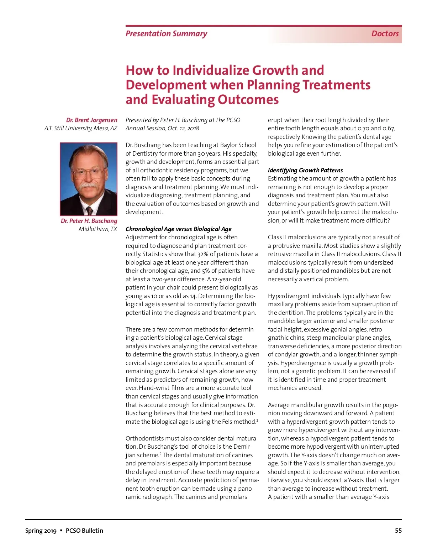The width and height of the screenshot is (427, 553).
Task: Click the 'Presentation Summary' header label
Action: pyautogui.click(x=166, y=34)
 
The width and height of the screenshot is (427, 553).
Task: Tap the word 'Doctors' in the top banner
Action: pyautogui.click(x=385, y=34)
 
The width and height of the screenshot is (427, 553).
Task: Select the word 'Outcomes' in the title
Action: pyautogui.click(x=248, y=100)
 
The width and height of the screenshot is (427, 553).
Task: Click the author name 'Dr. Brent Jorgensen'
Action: pyautogui.click(x=91, y=120)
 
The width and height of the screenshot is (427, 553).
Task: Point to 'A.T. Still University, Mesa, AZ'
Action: pyautogui.click(x=81, y=128)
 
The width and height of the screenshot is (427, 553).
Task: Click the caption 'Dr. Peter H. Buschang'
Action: pyautogui.click(x=89, y=221)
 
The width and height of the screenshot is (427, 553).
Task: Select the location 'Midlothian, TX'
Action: pyautogui.click(x=98, y=229)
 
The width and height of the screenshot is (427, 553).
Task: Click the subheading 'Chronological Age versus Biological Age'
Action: pyautogui.click(x=178, y=229)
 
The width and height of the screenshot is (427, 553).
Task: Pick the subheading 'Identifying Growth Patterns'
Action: pyautogui.click(x=305, y=170)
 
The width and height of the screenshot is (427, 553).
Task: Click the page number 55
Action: pyautogui.click(x=398, y=531)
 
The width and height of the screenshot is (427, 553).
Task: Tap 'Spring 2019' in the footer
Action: pyautogui.click(x=41, y=531)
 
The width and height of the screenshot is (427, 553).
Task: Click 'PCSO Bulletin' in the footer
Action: pyautogui.click(x=84, y=531)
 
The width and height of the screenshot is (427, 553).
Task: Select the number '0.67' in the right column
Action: pyautogui.click(x=388, y=128)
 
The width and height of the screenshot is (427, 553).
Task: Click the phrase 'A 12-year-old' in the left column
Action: pyautogui.click(x=224, y=279)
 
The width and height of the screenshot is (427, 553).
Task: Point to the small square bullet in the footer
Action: pyautogui.click(x=61, y=531)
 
